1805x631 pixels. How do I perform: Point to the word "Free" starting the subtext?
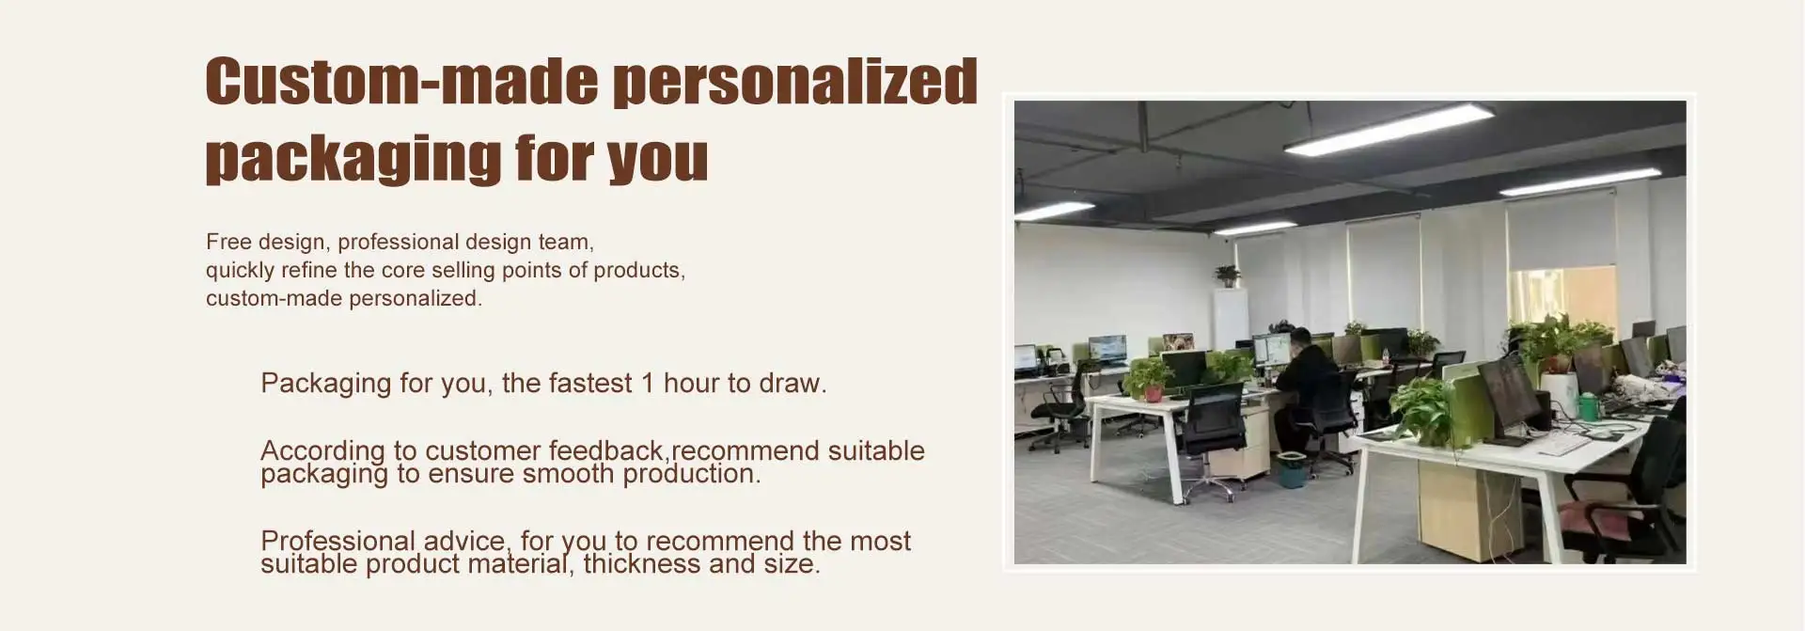(x=229, y=242)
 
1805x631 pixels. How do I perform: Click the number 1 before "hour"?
(x=647, y=384)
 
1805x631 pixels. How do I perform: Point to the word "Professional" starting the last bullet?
(x=337, y=542)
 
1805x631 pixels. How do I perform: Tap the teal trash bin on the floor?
(x=1291, y=469)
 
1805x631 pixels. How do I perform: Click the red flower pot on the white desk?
(x=1154, y=393)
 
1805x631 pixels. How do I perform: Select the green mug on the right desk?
(x=1588, y=406)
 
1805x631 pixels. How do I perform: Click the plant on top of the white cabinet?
(x=1227, y=276)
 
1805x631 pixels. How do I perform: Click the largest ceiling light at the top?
(x=1389, y=129)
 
